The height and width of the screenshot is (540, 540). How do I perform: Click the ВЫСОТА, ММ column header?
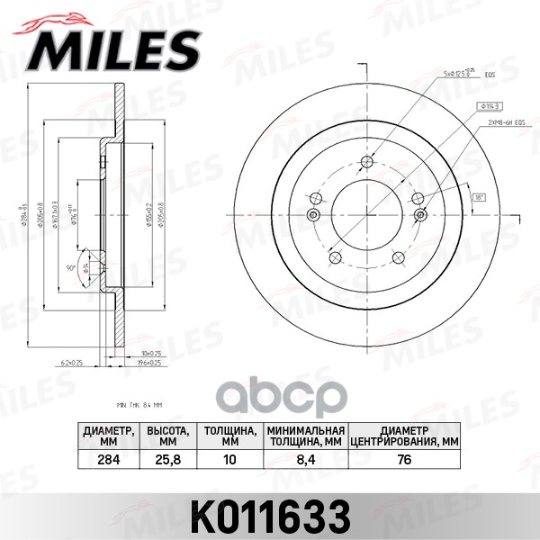coord(166,436)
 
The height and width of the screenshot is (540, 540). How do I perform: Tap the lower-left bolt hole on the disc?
coord(333,257)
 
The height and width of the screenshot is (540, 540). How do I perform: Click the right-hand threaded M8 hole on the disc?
coord(419,214)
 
